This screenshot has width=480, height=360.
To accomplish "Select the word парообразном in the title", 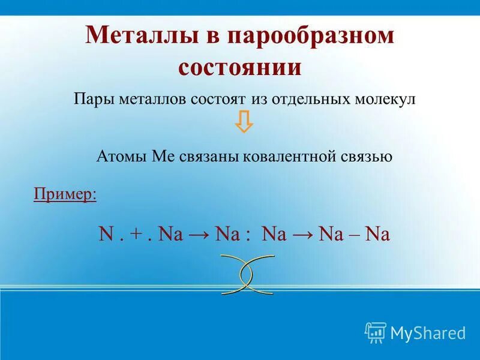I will tap(311, 36).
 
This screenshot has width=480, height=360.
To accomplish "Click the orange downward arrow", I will tap(244, 122).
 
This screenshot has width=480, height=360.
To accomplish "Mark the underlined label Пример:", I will tap(65, 195).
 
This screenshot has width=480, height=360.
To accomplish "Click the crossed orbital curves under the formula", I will tap(247, 274).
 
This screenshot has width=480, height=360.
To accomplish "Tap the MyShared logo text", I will tap(428, 332).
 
